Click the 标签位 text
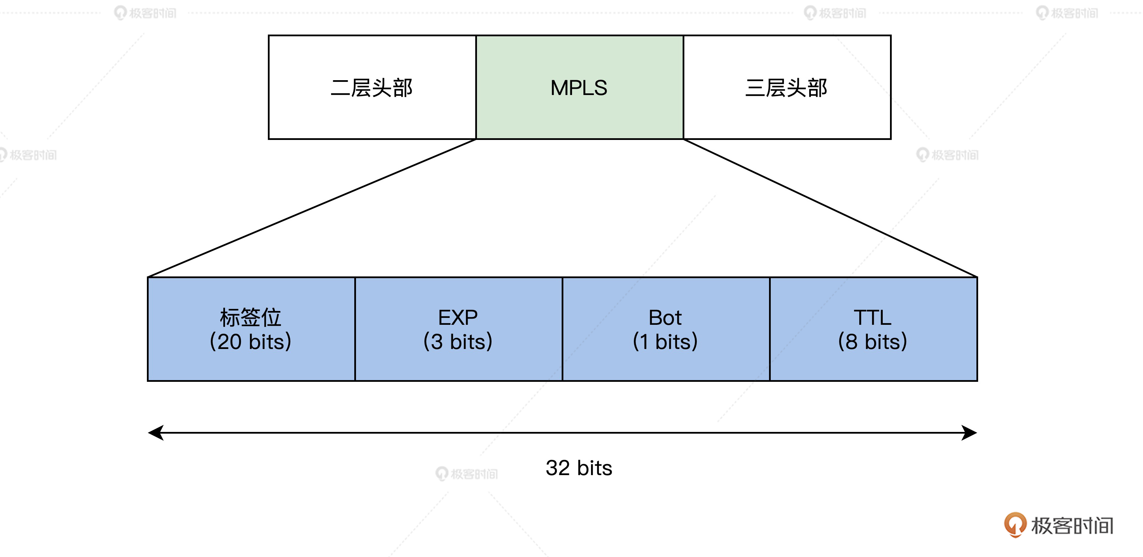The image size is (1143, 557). (251, 318)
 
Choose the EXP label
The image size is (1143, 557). (458, 318)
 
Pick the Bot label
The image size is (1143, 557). (665, 318)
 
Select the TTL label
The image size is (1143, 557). (872, 318)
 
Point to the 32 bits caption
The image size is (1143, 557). (579, 468)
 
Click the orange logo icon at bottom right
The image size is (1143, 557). (1015, 524)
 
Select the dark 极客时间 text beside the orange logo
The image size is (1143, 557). (1072, 526)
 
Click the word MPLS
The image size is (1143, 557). (579, 88)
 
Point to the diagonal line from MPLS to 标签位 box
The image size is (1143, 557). (312, 208)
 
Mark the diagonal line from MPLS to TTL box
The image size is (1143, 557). (830, 208)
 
